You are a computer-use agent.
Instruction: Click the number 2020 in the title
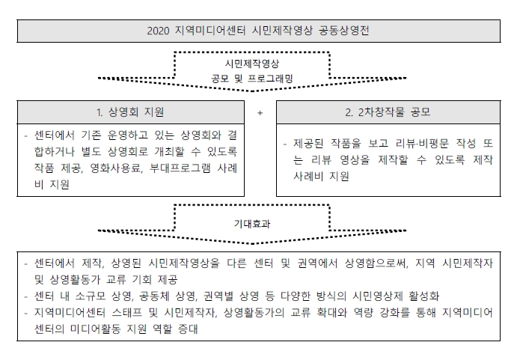pyautogui.click(x=158, y=31)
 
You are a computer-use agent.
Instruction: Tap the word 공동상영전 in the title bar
pyautogui.click(x=344, y=31)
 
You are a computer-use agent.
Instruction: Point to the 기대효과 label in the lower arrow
pyautogui.click(x=252, y=224)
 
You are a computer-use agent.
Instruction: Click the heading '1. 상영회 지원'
pyautogui.click(x=130, y=112)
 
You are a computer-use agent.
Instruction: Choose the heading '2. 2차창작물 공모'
pyautogui.click(x=388, y=112)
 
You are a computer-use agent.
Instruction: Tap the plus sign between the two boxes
pyautogui.click(x=260, y=113)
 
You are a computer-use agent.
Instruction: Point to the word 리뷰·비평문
pyautogui.click(x=423, y=144)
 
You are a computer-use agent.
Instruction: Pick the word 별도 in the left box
pyautogui.click(x=91, y=152)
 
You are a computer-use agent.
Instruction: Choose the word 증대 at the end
pyautogui.click(x=188, y=329)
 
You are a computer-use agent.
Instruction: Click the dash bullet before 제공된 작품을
pyautogui.click(x=285, y=144)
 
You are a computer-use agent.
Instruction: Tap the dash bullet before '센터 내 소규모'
pyautogui.click(x=25, y=297)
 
